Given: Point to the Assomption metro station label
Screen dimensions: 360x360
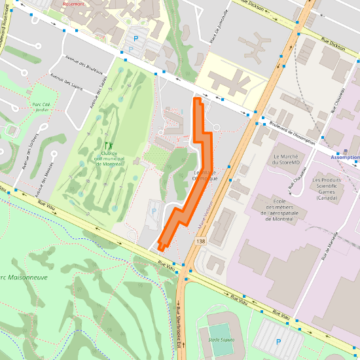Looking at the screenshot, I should tap(345, 158).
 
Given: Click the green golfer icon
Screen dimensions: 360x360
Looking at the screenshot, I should tap(108, 145).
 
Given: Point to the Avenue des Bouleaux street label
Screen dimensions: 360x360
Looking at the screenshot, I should tap(84, 65).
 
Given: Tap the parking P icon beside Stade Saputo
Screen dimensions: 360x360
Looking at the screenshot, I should tap(278, 342).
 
